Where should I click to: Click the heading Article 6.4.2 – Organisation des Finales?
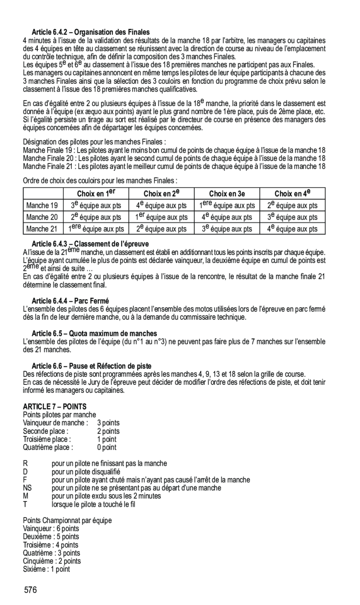90,32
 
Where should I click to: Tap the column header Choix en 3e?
227,194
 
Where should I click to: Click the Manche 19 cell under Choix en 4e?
292,206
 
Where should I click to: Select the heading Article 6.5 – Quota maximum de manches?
94,333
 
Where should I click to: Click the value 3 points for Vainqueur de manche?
108,423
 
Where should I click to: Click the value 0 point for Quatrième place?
107,448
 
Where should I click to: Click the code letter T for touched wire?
25,504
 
